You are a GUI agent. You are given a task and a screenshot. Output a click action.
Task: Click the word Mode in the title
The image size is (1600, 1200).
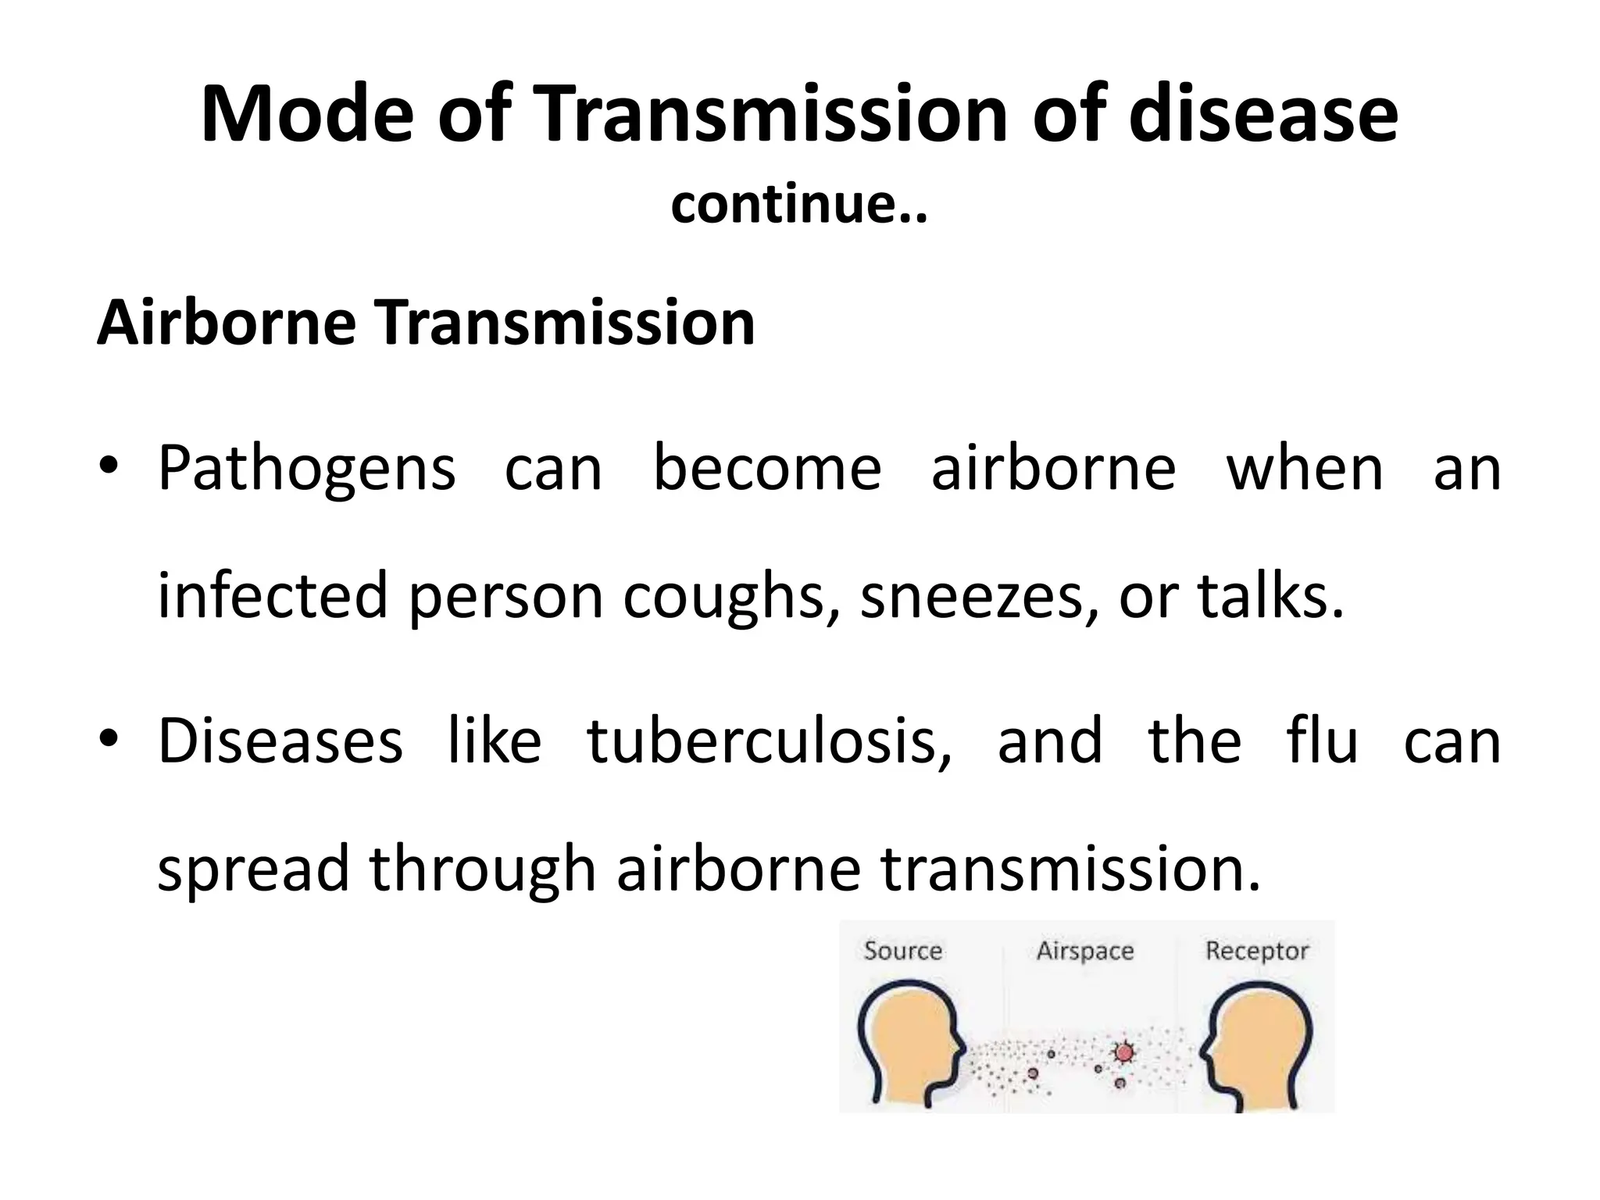(306, 116)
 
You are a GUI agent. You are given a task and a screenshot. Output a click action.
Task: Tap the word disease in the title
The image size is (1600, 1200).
(1263, 116)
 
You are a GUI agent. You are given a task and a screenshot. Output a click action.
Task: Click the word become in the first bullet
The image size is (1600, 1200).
(767, 469)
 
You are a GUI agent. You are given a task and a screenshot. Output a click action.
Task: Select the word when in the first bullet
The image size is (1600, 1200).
(1304, 469)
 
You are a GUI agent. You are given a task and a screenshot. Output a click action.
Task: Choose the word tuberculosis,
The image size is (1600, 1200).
(770, 741)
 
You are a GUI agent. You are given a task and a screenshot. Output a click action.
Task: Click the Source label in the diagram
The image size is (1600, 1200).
(902, 951)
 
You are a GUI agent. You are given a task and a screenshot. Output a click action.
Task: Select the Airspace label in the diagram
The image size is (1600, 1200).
(1084, 951)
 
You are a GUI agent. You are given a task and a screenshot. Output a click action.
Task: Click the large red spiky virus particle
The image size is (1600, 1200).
(1124, 1052)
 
